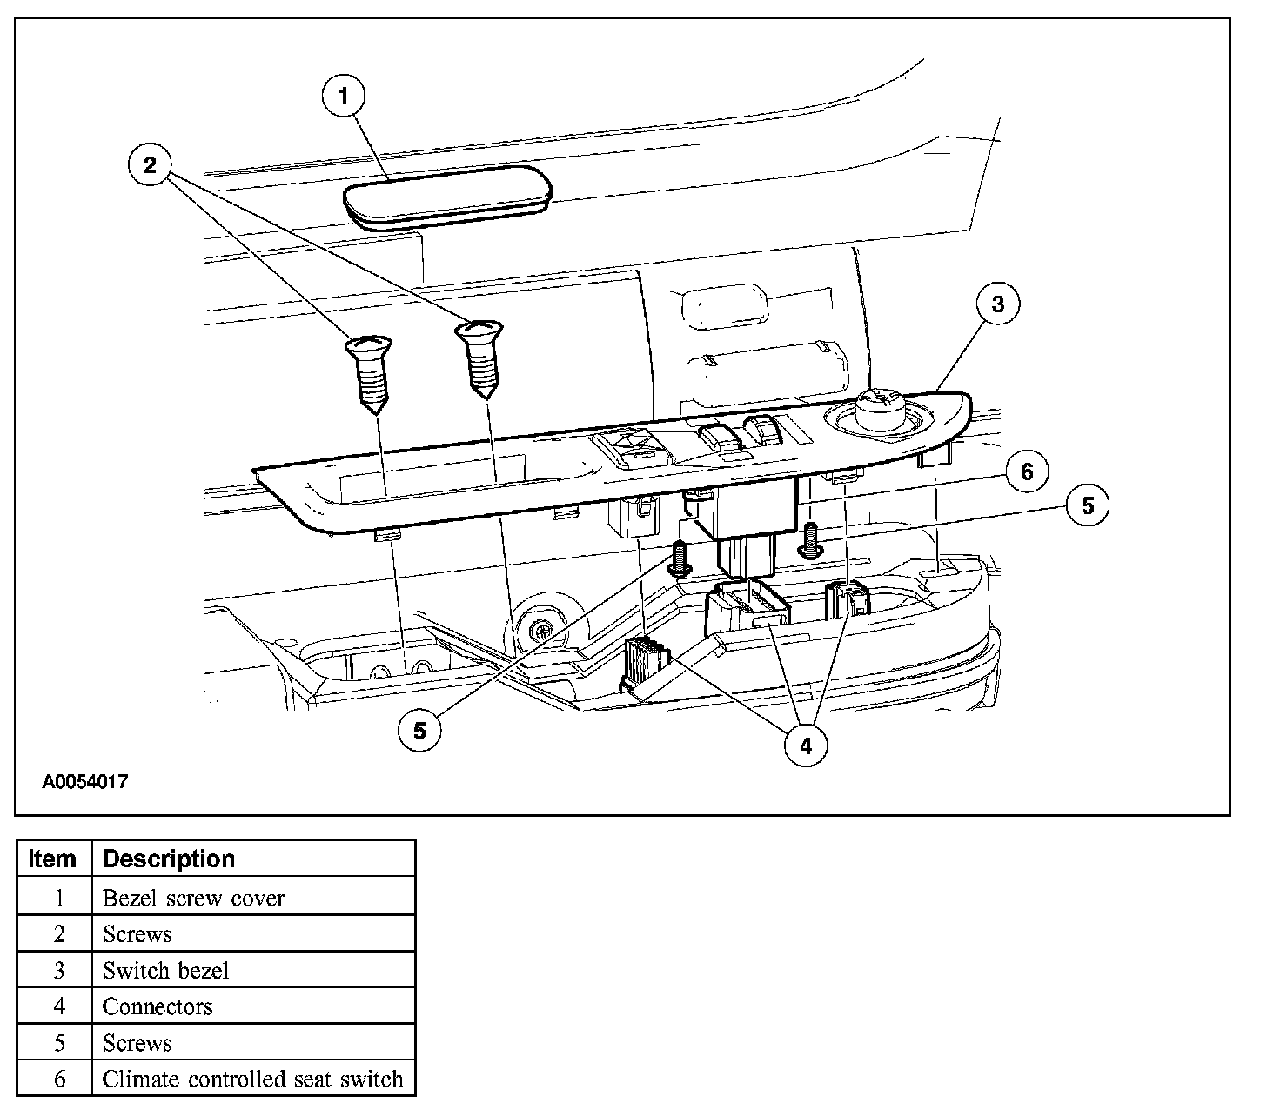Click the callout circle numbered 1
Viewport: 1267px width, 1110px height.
[x=344, y=97]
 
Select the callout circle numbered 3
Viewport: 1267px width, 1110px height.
[x=997, y=304]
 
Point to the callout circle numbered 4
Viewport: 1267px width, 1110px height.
[x=805, y=746]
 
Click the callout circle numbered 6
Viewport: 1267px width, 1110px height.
[x=1027, y=471]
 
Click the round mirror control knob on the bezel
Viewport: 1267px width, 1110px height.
[x=881, y=407]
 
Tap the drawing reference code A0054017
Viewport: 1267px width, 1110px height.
[x=85, y=781]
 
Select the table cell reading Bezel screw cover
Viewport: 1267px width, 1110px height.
[x=193, y=898]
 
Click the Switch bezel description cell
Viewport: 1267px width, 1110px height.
[x=165, y=970]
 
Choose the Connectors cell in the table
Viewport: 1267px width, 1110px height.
[x=158, y=1006]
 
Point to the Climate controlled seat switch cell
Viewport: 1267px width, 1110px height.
[x=252, y=1080]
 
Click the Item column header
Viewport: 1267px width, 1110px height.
[x=53, y=859]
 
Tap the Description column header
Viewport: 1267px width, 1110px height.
[x=169, y=859]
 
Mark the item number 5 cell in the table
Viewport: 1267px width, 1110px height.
[x=59, y=1043]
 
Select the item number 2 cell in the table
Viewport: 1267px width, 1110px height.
[x=59, y=934]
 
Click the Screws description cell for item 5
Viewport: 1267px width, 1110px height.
[x=137, y=1043]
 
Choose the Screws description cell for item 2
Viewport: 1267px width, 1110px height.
[x=137, y=934]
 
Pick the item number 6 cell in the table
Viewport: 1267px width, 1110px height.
[x=59, y=1080]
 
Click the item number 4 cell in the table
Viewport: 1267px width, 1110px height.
[x=59, y=1006]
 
